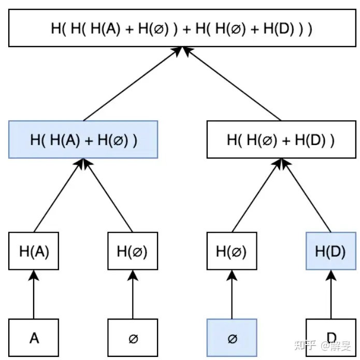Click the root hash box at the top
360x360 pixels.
coord(182,28)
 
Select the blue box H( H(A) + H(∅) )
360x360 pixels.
coord(83,139)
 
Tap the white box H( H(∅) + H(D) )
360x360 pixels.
coord(281,139)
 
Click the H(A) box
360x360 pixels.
coord(34,251)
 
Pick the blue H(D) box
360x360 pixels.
coord(331,251)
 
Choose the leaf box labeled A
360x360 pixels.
coord(34,338)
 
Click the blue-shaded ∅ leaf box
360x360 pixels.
coord(232,338)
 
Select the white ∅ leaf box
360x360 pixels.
coord(133,338)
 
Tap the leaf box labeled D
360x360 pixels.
coord(331,338)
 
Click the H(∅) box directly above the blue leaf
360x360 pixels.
coord(232,251)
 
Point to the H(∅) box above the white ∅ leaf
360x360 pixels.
coord(133,251)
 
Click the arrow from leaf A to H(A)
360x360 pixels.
coord(34,294)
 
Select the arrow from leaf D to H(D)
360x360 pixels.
coord(331,294)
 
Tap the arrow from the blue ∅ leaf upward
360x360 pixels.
coord(232,294)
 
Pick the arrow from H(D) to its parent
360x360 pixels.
coord(306,195)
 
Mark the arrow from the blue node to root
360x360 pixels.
coord(133,84)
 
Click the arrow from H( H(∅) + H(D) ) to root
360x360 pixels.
coord(232,84)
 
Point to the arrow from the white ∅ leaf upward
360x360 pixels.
coord(133,294)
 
